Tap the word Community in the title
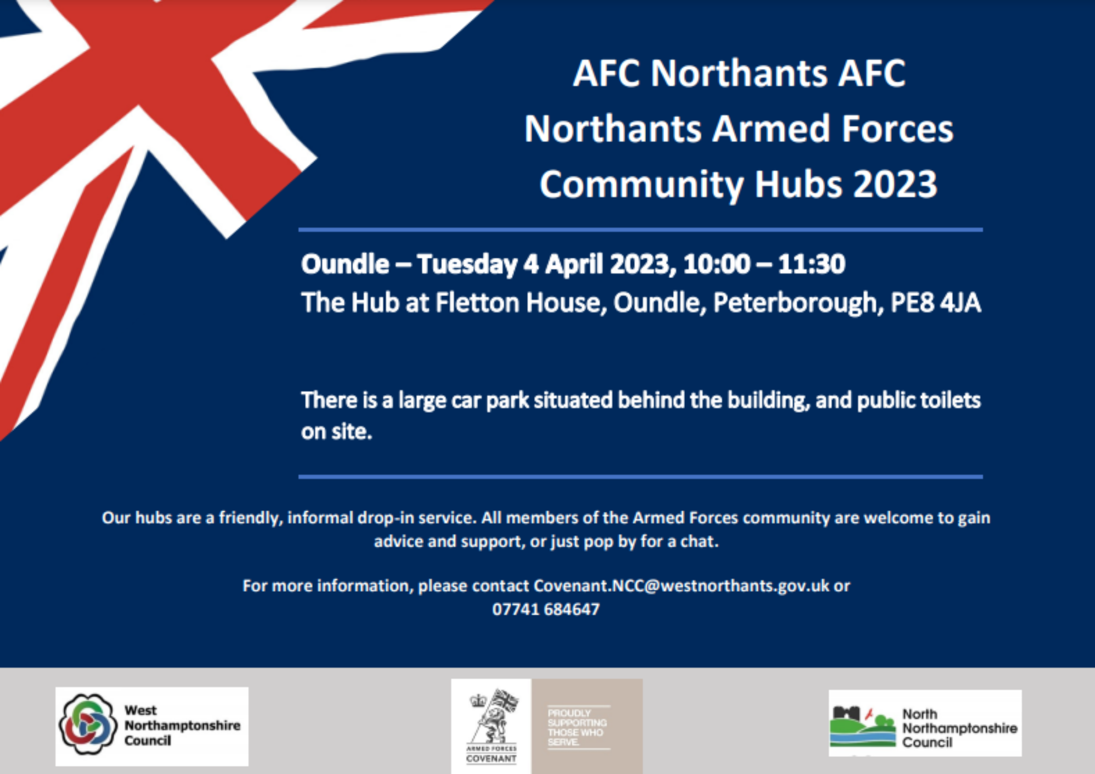click(642, 185)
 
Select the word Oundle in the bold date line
click(345, 264)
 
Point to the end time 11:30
click(811, 264)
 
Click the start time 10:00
click(717, 264)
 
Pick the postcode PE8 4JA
click(936, 303)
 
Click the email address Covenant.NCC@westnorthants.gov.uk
click(682, 586)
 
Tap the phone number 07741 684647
click(546, 609)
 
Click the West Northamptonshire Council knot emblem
click(88, 724)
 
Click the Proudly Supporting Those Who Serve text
click(578, 727)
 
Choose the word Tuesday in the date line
click(467, 265)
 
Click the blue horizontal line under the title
click(641, 230)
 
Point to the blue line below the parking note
click(641, 477)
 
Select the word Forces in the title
click(897, 129)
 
